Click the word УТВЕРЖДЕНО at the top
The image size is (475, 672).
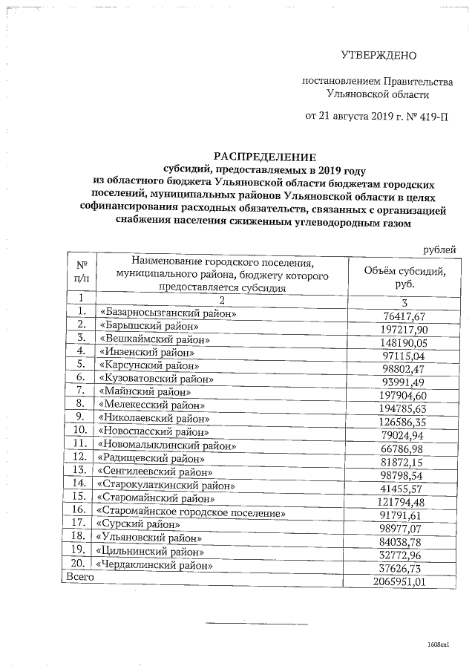[379, 55]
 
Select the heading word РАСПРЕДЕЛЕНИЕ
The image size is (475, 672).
[265, 157]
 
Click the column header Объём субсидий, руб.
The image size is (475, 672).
[405, 277]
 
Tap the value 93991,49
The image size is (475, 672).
[406, 381]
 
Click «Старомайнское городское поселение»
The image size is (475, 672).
[191, 512]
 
